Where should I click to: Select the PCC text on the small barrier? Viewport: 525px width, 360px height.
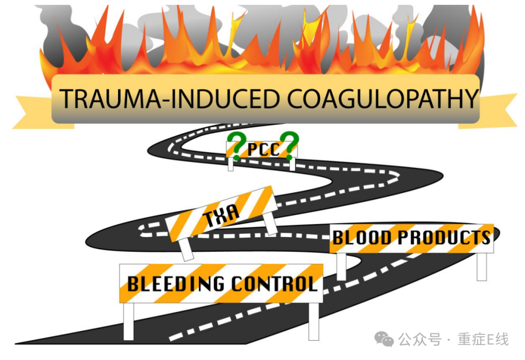tap(263, 150)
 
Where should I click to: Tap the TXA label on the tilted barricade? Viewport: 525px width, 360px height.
tap(222, 214)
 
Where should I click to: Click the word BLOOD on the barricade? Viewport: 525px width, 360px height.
tap(362, 238)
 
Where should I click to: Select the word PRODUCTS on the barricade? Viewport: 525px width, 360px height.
tap(444, 238)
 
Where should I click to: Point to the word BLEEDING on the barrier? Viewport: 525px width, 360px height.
tap(175, 283)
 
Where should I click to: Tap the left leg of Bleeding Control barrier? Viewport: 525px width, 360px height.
tap(128, 321)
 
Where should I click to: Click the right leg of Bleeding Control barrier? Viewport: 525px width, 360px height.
tap(314, 321)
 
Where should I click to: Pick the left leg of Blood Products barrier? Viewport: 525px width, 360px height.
tap(341, 266)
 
